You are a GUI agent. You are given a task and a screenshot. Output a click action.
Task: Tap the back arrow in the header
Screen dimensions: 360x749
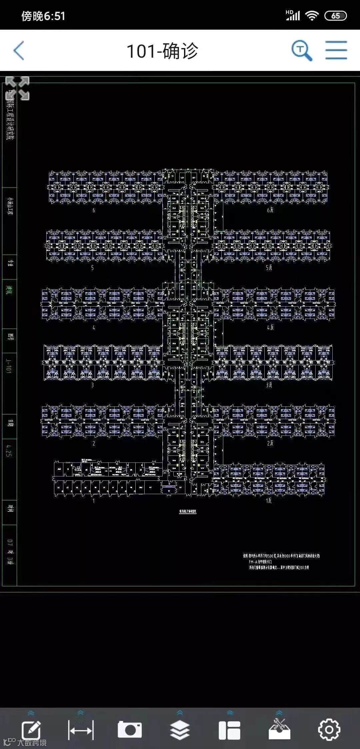pos(19,51)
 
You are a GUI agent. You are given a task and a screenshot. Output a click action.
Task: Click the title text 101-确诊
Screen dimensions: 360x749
pos(162,51)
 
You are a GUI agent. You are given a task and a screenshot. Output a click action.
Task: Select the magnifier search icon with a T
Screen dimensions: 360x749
pos(302,51)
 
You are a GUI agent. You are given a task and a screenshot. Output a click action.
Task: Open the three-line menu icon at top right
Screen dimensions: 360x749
pos(336,50)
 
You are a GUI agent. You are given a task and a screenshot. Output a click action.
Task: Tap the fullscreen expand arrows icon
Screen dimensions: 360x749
pos(18,88)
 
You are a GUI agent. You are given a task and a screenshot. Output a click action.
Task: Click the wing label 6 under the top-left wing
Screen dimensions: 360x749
pos(94,210)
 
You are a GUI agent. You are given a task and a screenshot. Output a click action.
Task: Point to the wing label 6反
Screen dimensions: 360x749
pos(270,210)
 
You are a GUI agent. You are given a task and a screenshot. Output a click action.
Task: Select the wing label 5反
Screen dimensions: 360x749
pos(269,268)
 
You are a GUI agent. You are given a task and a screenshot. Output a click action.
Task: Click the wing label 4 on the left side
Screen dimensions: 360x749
pos(94,328)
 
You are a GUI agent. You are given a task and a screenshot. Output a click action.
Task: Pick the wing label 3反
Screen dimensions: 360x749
pos(269,385)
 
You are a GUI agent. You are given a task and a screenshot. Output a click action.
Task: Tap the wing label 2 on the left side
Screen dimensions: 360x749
pos(94,443)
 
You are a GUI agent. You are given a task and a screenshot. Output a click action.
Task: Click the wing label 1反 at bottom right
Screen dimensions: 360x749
pos(269,500)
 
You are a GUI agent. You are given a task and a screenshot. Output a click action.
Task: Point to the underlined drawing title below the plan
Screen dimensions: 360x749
pos(188,511)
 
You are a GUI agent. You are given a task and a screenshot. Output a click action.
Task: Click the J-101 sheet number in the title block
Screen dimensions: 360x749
pos(9,366)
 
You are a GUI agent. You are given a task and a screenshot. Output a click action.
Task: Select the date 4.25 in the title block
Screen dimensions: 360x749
pos(9,450)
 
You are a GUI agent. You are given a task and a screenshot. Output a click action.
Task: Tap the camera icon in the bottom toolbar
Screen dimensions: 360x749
pos(130,730)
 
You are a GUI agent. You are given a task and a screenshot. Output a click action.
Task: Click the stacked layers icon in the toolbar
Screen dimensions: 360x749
pos(180,730)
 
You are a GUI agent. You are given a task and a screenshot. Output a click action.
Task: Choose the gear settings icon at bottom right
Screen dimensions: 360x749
pos(329,730)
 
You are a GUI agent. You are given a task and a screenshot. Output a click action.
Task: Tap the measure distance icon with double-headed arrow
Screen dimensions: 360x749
pos(80,730)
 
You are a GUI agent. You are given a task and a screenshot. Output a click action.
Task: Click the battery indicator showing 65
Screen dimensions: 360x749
pos(335,16)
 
